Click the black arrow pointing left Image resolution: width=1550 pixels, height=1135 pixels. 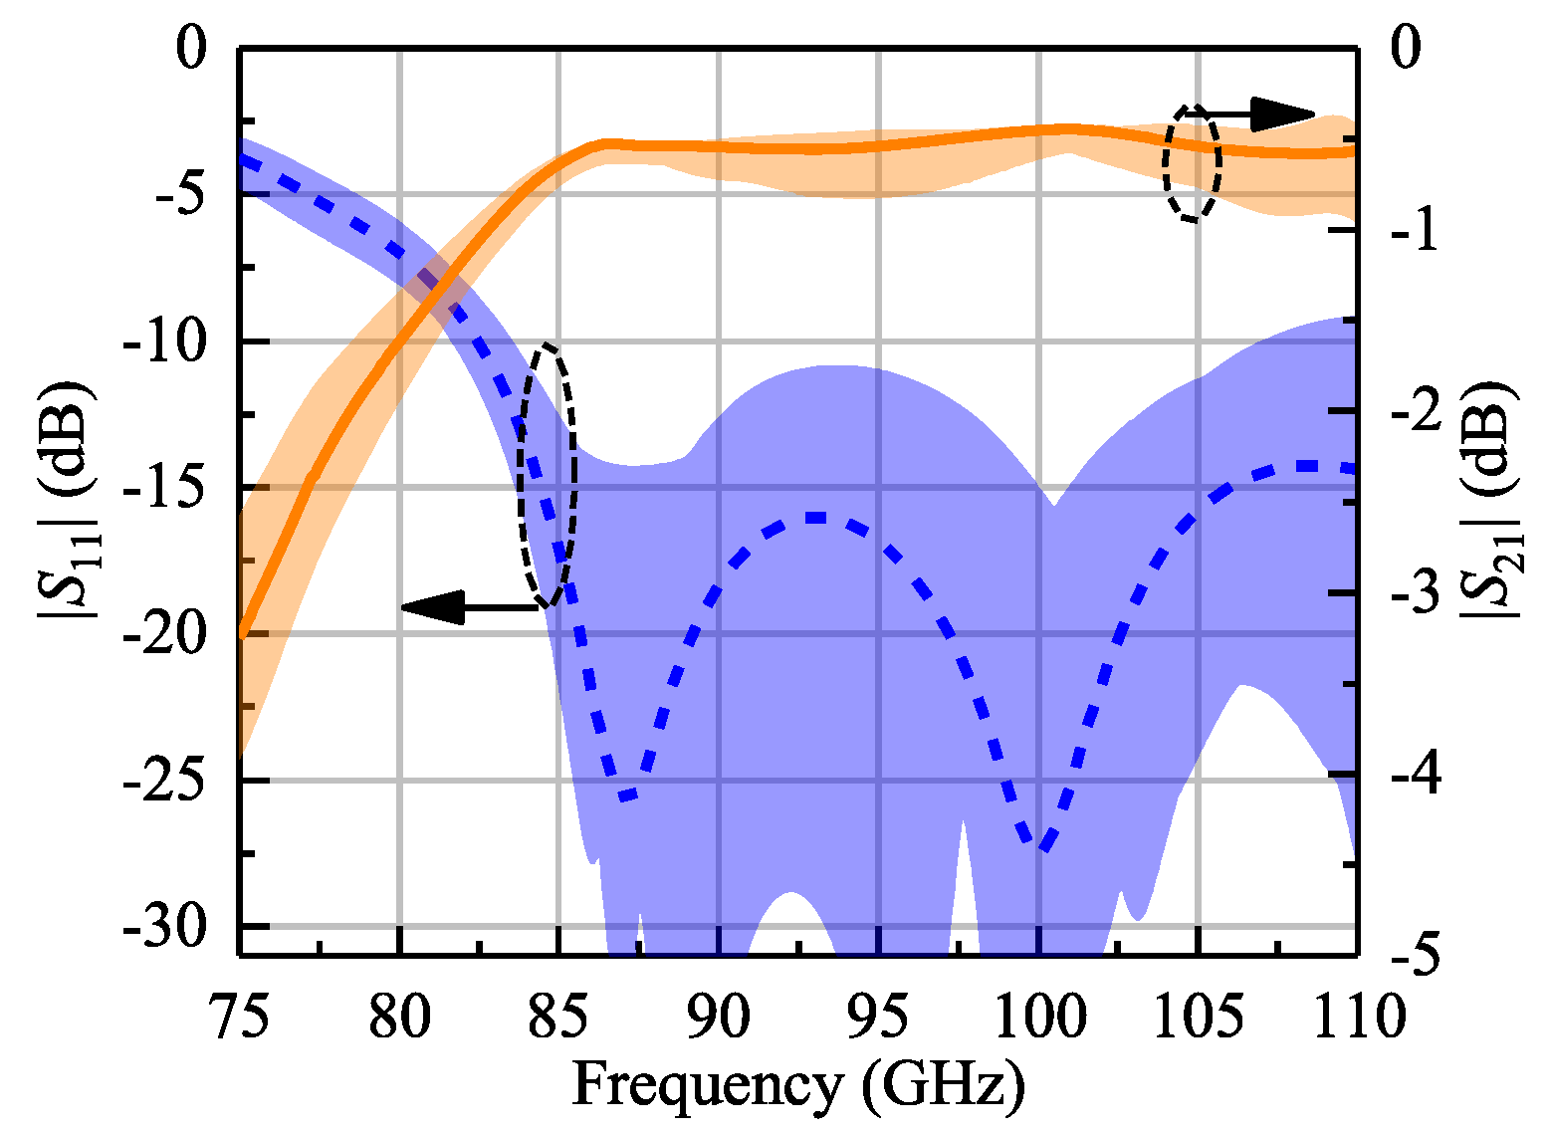tap(468, 606)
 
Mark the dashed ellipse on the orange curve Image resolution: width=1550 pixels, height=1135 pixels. tap(1193, 162)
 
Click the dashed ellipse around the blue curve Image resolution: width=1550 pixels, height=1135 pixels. tap(547, 475)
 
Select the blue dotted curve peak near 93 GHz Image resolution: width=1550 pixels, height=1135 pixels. tap(816, 518)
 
